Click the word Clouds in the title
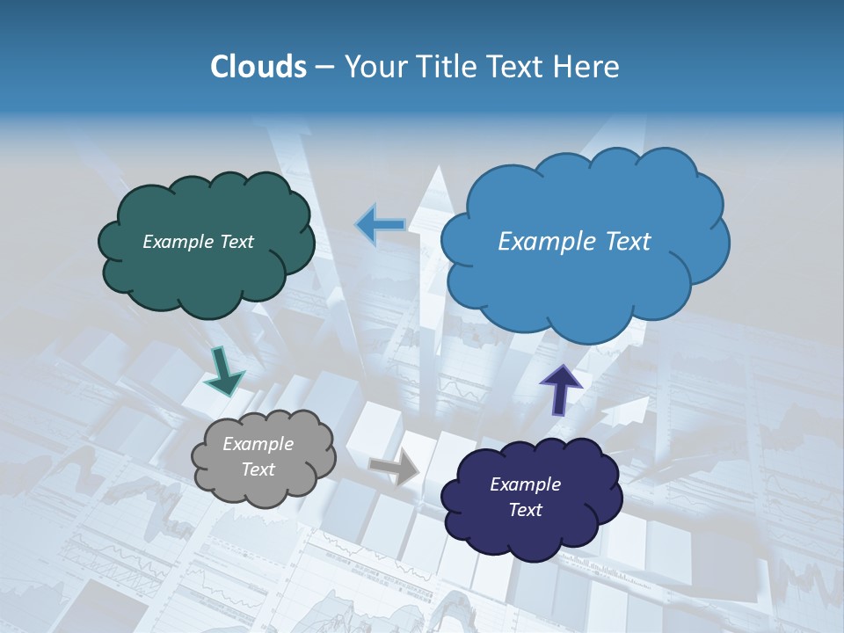[258, 67]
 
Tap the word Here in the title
[588, 67]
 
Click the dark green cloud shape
[206, 273]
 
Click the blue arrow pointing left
[382, 224]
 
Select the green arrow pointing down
[224, 373]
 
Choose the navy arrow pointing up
[561, 388]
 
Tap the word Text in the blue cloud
[626, 242]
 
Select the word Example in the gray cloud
[258, 444]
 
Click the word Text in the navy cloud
[525, 510]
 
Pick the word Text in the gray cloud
[258, 469]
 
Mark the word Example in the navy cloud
[525, 484]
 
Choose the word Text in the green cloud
[236, 242]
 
